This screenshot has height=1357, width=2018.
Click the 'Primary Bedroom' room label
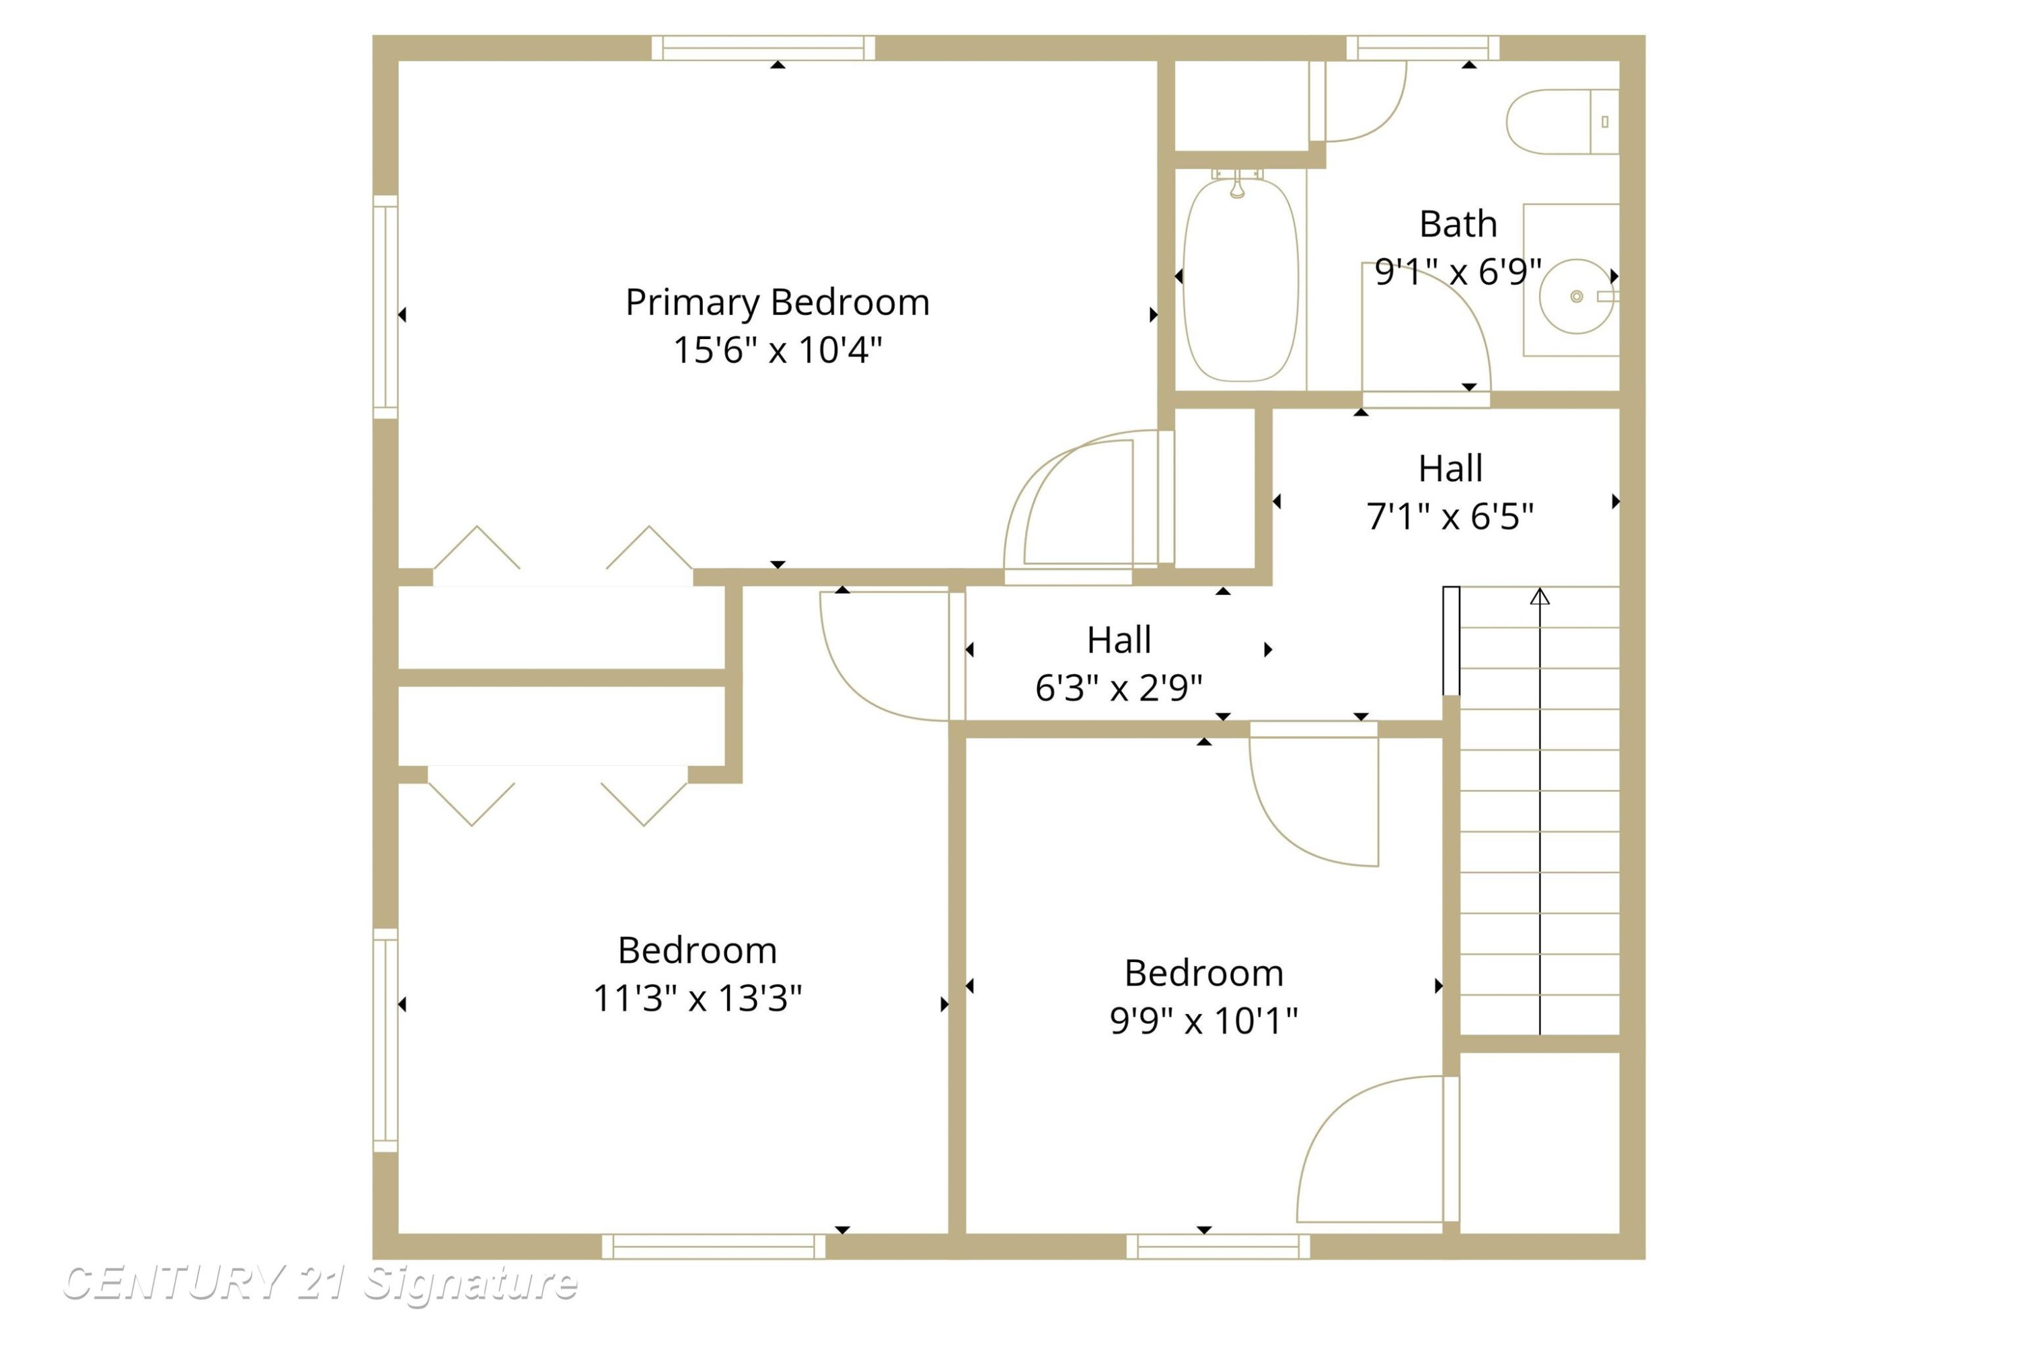(x=777, y=303)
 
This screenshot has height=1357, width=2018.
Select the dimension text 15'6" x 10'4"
(x=777, y=351)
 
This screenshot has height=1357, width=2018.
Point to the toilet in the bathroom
(x=1562, y=122)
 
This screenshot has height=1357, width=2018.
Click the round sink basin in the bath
(x=1576, y=297)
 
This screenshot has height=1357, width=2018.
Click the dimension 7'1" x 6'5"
(x=1450, y=517)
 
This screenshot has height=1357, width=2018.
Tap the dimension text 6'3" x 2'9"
(x=1119, y=688)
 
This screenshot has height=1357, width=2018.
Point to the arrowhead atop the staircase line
(x=1540, y=596)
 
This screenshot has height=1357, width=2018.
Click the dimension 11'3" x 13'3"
(x=698, y=998)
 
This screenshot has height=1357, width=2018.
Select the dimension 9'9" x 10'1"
(x=1203, y=1021)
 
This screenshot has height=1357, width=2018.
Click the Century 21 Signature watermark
(x=320, y=1282)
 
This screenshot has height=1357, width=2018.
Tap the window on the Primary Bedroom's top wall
(x=763, y=48)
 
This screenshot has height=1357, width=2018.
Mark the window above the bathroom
(x=1423, y=48)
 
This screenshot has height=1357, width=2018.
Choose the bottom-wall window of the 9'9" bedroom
(x=1218, y=1246)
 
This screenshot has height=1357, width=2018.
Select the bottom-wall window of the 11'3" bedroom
(x=714, y=1246)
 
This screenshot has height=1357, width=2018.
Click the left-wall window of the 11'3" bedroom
(x=385, y=1040)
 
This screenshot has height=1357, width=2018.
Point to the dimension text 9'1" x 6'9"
(x=1458, y=272)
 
